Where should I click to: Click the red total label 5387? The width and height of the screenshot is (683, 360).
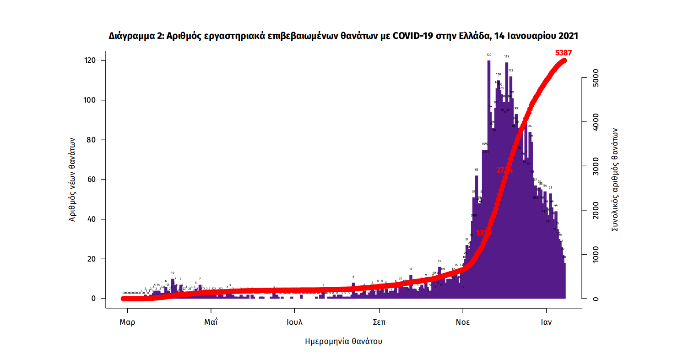[563, 53]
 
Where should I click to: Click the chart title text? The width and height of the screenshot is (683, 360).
[343, 36]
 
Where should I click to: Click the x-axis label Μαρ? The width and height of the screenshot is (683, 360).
[127, 322]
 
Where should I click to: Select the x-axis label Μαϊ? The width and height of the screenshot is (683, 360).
[211, 322]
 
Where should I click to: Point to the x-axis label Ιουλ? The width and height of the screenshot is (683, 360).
[294, 322]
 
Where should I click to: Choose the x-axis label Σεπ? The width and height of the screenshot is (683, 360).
[379, 322]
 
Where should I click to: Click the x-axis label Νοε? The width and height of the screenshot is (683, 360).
[462, 322]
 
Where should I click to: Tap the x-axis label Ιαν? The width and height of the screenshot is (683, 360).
[546, 322]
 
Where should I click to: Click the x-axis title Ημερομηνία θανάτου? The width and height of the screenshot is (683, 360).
[344, 341]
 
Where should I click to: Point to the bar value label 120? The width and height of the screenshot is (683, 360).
[488, 55]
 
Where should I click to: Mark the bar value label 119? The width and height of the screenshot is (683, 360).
[506, 56]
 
